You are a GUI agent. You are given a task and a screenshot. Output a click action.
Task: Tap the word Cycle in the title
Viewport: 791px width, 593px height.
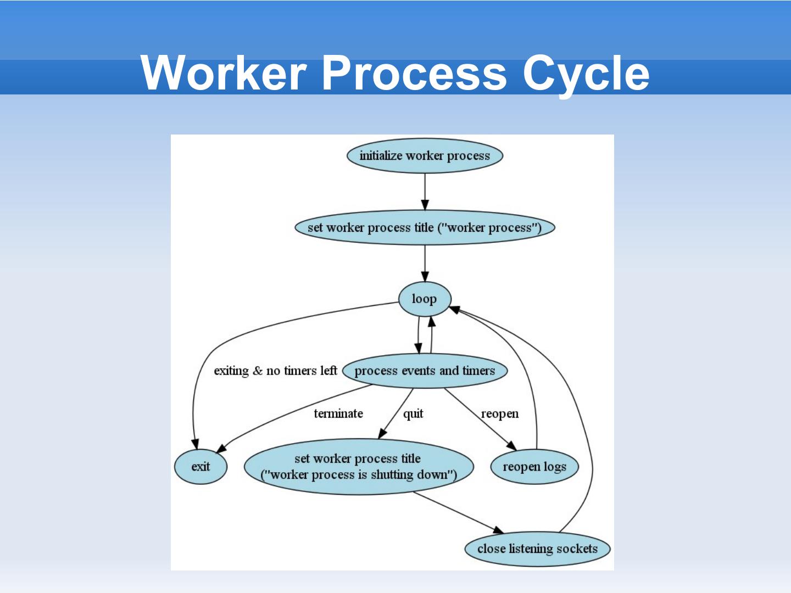586,74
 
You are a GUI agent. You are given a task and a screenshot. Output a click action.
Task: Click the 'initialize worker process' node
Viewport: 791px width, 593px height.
425,156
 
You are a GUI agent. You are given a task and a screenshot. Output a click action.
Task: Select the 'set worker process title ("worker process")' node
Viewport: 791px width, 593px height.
425,227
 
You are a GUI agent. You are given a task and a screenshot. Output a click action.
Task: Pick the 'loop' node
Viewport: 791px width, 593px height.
425,299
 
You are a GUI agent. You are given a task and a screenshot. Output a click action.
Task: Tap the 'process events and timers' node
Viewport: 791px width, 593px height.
425,371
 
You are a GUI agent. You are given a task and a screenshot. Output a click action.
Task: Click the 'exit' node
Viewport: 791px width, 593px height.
200,467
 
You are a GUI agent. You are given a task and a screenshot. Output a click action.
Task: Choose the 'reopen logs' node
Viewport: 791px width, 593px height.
534,467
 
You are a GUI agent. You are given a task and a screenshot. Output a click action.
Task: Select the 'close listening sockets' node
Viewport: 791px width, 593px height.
537,549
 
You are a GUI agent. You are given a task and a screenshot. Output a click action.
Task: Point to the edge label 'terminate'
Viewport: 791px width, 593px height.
338,413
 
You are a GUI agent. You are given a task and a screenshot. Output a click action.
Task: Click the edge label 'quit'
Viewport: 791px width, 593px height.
413,413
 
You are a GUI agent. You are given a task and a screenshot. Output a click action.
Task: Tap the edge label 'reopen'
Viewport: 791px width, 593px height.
499,413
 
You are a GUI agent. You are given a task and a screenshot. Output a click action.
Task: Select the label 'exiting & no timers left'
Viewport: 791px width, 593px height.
275,371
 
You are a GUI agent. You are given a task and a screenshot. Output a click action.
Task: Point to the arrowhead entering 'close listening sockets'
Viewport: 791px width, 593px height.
498,530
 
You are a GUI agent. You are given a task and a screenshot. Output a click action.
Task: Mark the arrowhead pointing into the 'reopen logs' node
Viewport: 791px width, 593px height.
511,445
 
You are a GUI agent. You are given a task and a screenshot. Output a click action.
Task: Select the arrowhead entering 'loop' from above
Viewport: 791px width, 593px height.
425,276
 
